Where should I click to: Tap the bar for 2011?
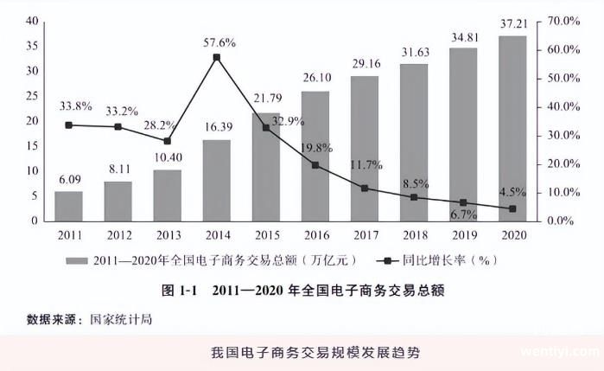point(68,206)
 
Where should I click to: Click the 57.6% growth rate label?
point(216,42)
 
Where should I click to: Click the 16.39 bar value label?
point(216,128)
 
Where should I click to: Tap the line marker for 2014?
point(216,58)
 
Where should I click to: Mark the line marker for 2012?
point(118,127)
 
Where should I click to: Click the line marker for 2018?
point(413,197)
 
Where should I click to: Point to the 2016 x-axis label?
point(315,234)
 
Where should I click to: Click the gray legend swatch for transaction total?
point(78,259)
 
